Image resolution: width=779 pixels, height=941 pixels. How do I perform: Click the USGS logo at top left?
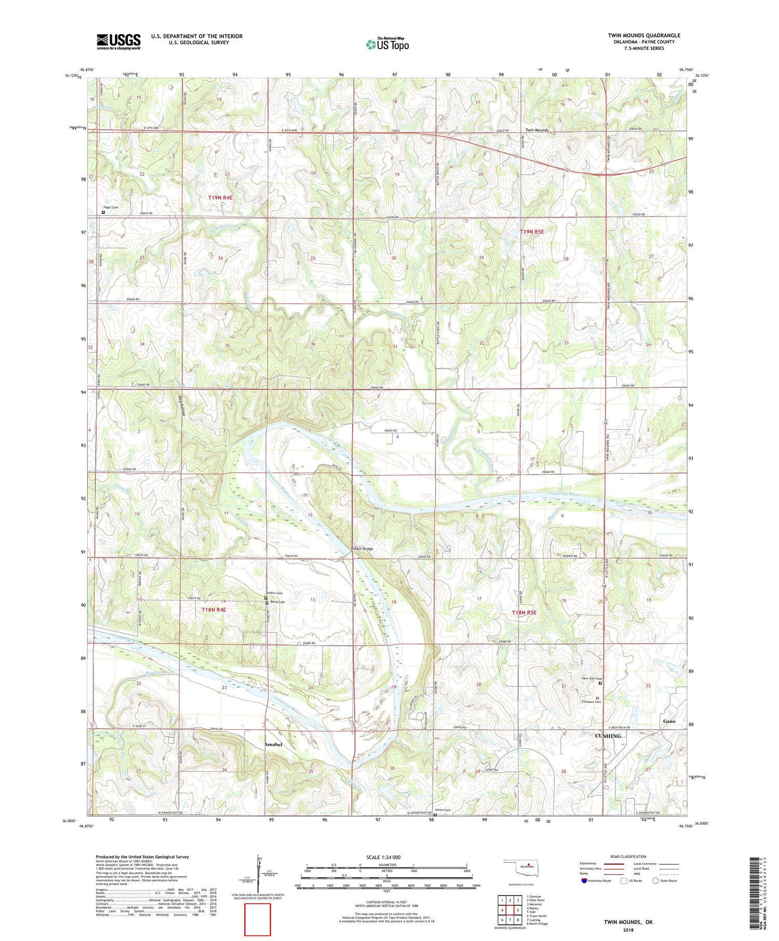[118, 42]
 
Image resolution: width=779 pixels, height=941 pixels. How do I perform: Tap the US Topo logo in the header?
[387, 45]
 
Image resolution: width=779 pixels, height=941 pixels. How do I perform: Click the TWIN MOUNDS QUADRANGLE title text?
[643, 35]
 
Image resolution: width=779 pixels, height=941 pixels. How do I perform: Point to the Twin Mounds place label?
[536, 130]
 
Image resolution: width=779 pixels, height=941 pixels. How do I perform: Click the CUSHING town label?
[608, 736]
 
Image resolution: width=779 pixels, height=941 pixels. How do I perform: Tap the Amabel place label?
[273, 744]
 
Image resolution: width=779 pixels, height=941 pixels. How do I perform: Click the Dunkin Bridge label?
[362, 549]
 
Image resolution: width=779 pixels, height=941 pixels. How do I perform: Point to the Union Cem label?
[442, 810]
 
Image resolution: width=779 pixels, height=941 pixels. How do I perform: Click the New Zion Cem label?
[592, 678]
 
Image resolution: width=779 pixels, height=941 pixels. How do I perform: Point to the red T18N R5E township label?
[523, 612]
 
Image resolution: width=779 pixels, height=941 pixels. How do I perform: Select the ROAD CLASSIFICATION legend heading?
[628, 856]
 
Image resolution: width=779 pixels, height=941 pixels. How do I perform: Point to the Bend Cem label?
[277, 602]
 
